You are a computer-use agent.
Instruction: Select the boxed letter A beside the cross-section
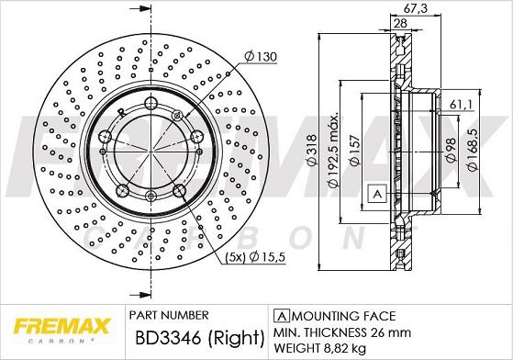tap(375, 194)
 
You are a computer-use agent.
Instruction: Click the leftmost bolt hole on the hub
tap(106, 138)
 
